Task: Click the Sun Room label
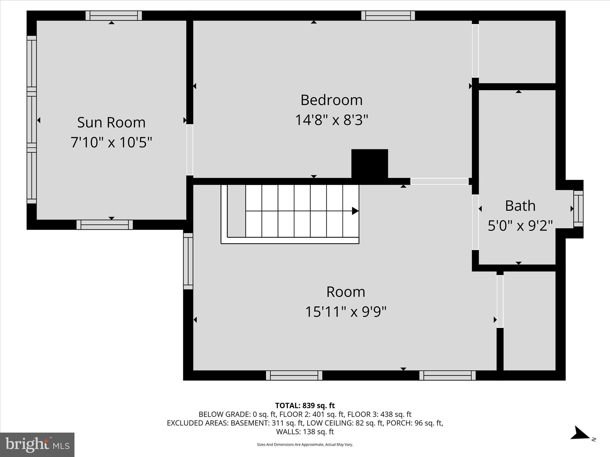point(111,122)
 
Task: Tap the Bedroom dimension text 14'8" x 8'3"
point(331,120)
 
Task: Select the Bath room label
point(520,206)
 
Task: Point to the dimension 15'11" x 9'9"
point(346,312)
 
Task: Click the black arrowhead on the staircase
point(355,211)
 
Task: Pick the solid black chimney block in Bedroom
point(370,164)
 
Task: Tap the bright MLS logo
point(37,445)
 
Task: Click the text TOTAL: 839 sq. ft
point(305,406)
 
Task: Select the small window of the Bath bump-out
point(578,209)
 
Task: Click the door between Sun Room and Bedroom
point(190,150)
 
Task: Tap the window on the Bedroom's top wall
point(388,15)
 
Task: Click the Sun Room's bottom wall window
point(105,225)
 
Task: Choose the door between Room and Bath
point(475,222)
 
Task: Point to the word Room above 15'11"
point(346,292)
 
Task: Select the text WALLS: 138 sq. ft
point(305,431)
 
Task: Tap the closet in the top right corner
point(517,52)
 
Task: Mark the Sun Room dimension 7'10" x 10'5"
point(111,143)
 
